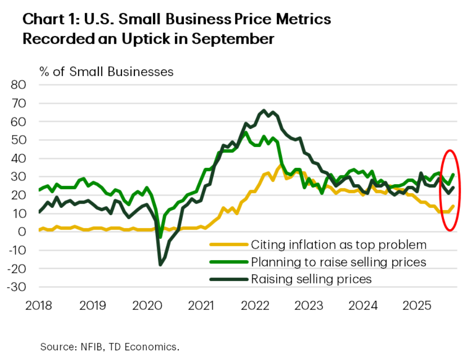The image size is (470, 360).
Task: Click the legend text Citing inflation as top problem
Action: [x=338, y=244]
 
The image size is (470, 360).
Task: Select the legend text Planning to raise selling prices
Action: [x=338, y=262]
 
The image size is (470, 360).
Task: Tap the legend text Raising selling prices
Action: [x=311, y=279]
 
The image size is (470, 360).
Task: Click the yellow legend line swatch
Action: [x=228, y=245]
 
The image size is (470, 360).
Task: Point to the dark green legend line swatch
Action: [x=228, y=279]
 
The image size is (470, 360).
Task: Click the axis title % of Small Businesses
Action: [x=107, y=71]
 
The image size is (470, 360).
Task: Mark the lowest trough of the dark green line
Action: [x=160, y=265]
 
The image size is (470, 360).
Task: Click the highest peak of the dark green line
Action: [x=264, y=110]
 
